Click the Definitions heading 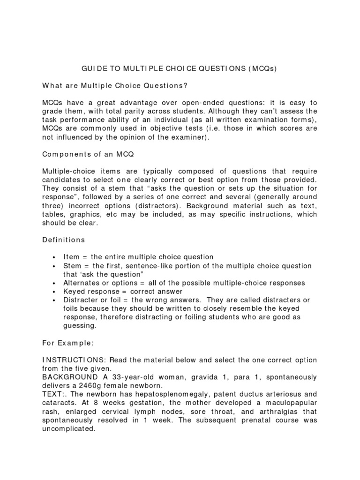click(x=64, y=240)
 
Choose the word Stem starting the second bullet click(x=72, y=266)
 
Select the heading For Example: click(x=68, y=343)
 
